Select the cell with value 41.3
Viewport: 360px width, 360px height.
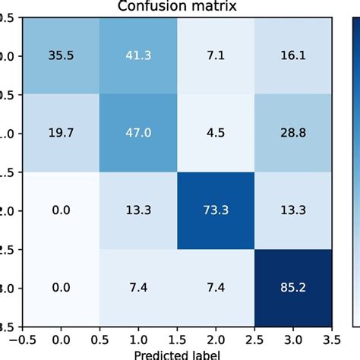(141, 56)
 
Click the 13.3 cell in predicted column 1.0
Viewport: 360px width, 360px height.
(141, 210)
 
